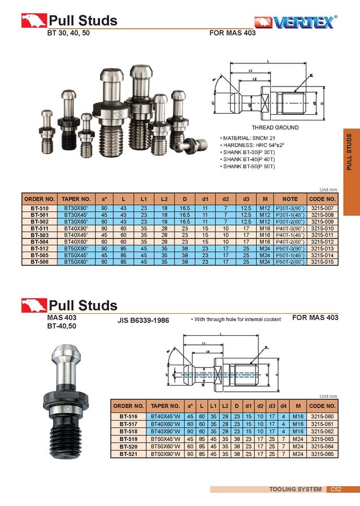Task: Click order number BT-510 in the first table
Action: pos(39,209)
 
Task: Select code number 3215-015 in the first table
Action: pos(322,262)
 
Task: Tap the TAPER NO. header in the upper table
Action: pos(77,199)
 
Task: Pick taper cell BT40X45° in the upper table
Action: pos(77,235)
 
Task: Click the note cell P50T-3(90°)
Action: pos(290,248)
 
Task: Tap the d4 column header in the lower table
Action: pos(282,406)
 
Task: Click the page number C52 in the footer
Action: pos(336,489)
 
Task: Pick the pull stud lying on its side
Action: pos(192,145)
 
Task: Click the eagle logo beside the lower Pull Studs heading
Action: pos(34,305)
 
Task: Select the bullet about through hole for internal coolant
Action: pos(236,320)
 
